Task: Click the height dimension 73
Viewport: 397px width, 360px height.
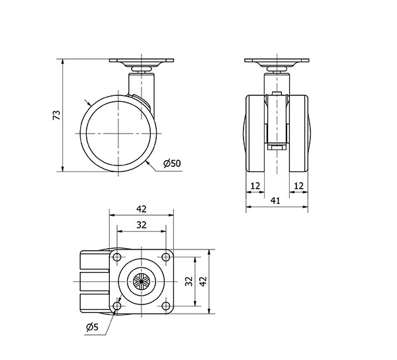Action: (56, 115)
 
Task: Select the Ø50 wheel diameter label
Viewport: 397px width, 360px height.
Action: (171, 163)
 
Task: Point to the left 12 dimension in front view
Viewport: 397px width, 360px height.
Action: (255, 186)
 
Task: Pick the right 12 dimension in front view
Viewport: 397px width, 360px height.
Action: (298, 186)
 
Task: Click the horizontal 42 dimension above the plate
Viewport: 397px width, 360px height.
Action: (141, 208)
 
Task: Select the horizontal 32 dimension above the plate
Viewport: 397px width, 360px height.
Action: (141, 224)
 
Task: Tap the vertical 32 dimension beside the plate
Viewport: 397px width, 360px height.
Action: (188, 281)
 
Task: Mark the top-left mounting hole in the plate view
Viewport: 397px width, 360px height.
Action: (117, 257)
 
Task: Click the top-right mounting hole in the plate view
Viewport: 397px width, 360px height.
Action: (165, 257)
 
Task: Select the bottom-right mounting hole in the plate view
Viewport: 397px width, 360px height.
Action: (165, 306)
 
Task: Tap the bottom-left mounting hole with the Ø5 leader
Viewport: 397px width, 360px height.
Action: (117, 306)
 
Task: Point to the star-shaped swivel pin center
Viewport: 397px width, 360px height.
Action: (142, 281)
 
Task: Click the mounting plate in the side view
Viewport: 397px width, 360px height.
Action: (141, 63)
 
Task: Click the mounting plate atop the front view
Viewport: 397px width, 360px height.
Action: (277, 63)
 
